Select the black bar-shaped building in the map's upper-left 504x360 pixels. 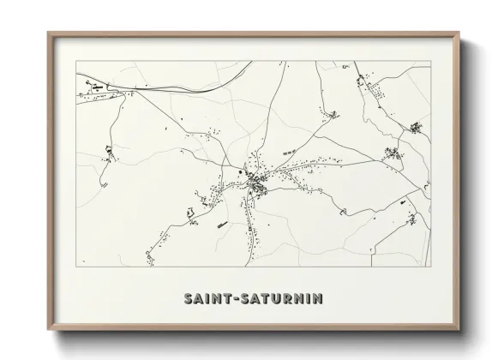[x=97, y=87]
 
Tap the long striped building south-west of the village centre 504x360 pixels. [x=221, y=225]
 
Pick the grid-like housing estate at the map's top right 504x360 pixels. [x=415, y=129]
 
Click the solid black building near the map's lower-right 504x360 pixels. [x=400, y=202]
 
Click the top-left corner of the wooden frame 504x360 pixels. [x=49, y=34]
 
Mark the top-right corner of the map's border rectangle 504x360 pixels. [x=429, y=62]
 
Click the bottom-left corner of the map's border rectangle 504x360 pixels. [x=77, y=266]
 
